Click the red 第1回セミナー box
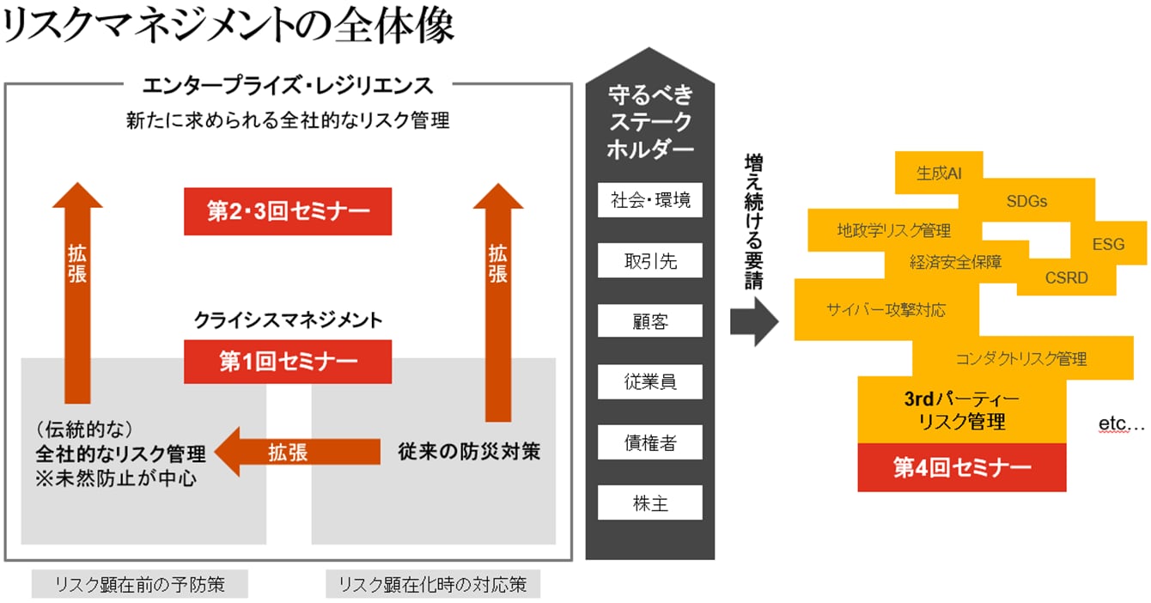(x=288, y=362)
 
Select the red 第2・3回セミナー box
(x=288, y=211)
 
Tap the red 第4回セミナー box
(x=962, y=468)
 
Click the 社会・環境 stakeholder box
(x=650, y=201)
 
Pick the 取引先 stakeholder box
(x=650, y=261)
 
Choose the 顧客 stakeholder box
(x=650, y=321)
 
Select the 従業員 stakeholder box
(x=650, y=381)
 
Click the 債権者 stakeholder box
(x=650, y=442)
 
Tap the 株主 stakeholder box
(x=650, y=502)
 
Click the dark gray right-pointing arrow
(x=753, y=321)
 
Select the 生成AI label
(x=938, y=174)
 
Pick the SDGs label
(x=1026, y=202)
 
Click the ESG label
(x=1108, y=245)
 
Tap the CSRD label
(x=1066, y=277)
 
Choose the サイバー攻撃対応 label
(x=886, y=310)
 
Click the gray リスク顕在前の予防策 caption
(x=139, y=585)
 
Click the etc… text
(x=1122, y=424)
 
